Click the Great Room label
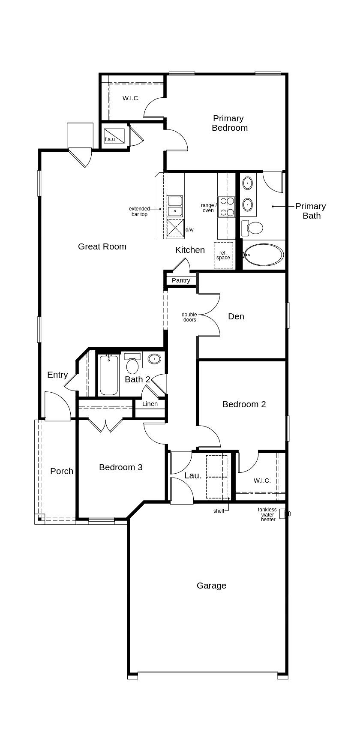point(102,246)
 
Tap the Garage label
point(211,586)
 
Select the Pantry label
point(181,280)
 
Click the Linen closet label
point(150,404)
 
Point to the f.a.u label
point(110,139)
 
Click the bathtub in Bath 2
point(108,375)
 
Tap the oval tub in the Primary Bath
point(264,255)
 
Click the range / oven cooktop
point(227,206)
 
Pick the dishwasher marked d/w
point(175,228)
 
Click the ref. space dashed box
point(223,255)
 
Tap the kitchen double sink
point(175,206)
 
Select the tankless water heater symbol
point(284,514)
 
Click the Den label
point(236,316)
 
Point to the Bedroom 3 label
point(120,467)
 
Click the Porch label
point(62,471)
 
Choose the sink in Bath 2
point(154,359)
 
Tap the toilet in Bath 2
point(132,365)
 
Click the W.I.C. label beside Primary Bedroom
point(131,98)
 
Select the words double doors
point(189,317)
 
